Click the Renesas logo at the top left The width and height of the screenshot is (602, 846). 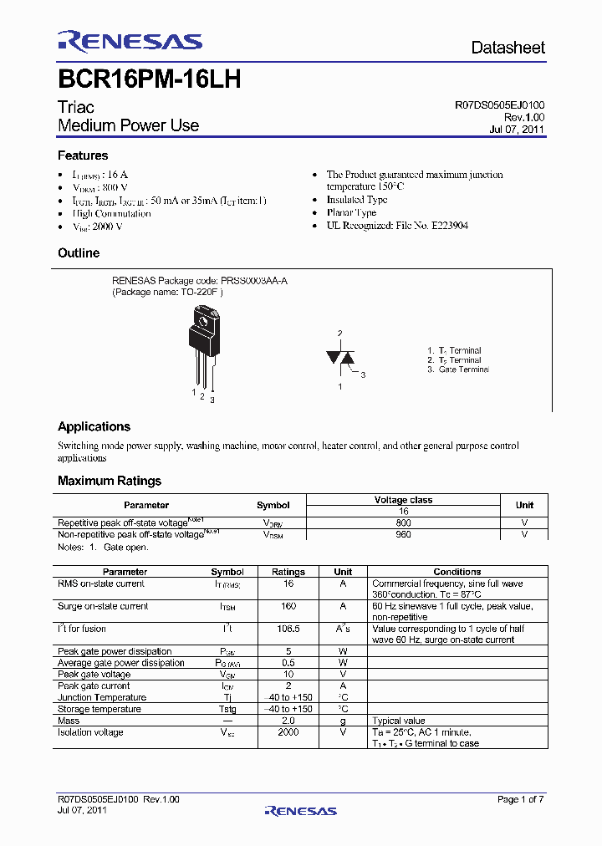coord(130,42)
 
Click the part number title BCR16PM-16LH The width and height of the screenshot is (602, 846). coord(150,79)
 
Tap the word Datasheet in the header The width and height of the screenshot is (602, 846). coord(508,48)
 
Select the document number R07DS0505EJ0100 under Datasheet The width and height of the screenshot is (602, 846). coord(499,106)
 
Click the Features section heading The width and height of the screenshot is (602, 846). coord(83,155)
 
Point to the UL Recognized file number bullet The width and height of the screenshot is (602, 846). coord(397,226)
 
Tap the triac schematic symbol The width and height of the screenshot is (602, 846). coord(340,359)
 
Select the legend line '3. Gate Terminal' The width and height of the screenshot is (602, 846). coord(457,369)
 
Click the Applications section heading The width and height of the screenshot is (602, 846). coord(94,426)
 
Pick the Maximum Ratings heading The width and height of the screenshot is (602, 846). coord(110,481)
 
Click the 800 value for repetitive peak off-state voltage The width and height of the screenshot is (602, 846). coord(403,522)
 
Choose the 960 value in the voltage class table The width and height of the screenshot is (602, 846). coord(403,534)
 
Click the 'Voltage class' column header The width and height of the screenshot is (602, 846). coord(403,500)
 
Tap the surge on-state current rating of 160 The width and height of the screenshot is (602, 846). coord(288,606)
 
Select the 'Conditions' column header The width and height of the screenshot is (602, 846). coord(457,572)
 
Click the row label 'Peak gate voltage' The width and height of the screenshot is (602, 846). coord(94,675)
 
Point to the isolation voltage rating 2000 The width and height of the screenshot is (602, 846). coord(288,732)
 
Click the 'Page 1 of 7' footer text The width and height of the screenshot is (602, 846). coord(520,799)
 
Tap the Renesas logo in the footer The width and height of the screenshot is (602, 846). coord(300,810)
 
